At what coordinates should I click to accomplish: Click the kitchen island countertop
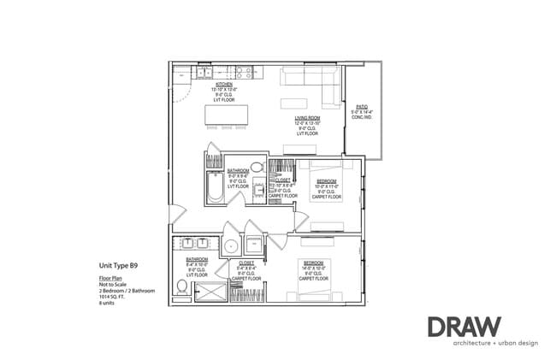tap(225, 115)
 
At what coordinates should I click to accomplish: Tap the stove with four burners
tap(242, 74)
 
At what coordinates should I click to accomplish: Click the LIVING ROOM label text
tap(307, 120)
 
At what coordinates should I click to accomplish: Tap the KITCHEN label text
tap(224, 84)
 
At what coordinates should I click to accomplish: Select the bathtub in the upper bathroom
tap(215, 187)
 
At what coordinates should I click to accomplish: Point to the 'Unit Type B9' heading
tap(119, 266)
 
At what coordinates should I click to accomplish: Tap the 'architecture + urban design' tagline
tap(483, 344)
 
